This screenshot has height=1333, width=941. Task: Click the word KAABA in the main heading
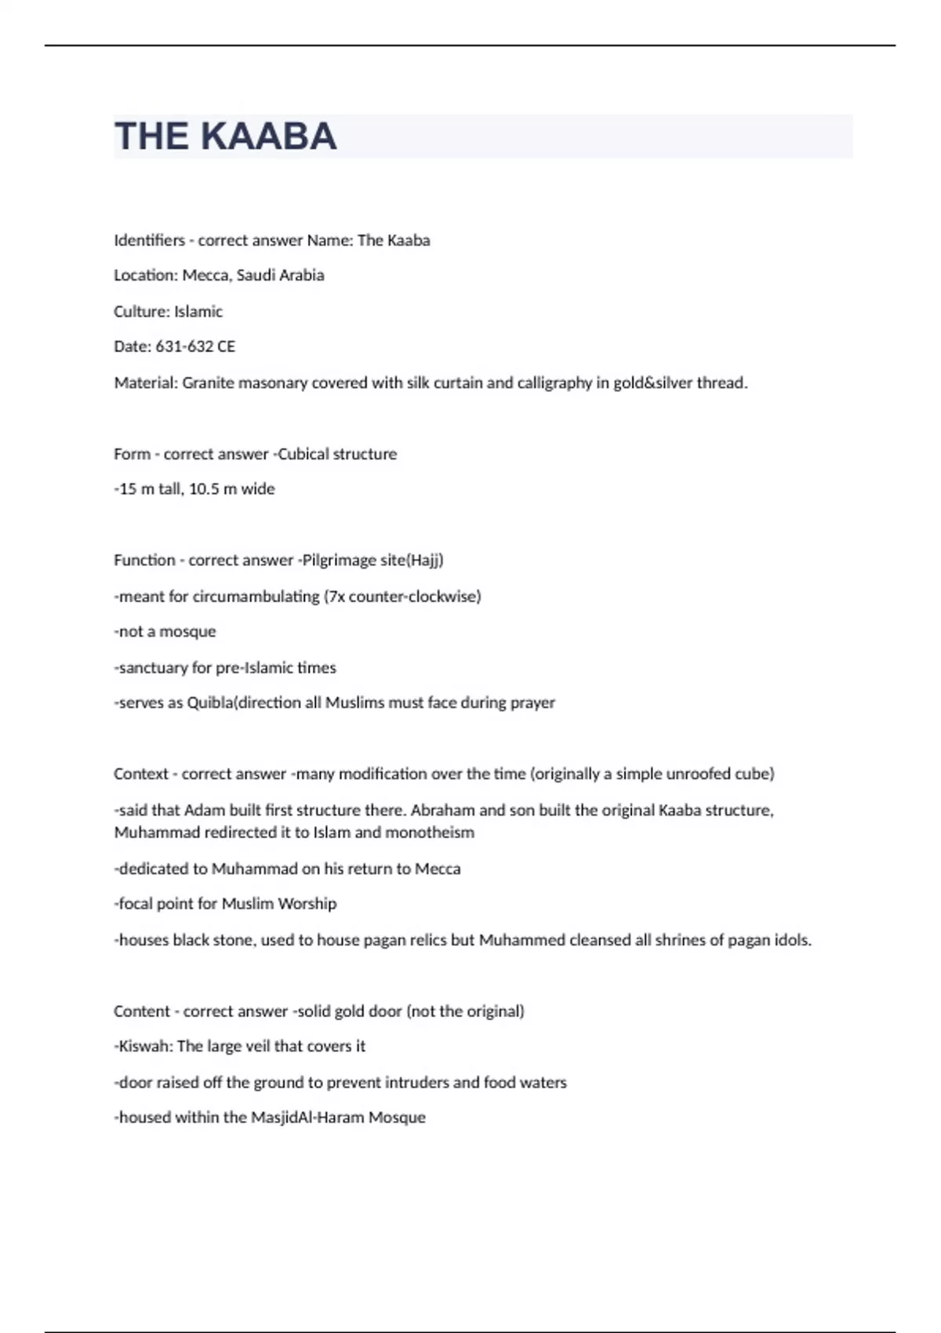point(269,136)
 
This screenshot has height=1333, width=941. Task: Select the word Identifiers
point(149,240)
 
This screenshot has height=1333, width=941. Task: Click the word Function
point(144,560)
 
